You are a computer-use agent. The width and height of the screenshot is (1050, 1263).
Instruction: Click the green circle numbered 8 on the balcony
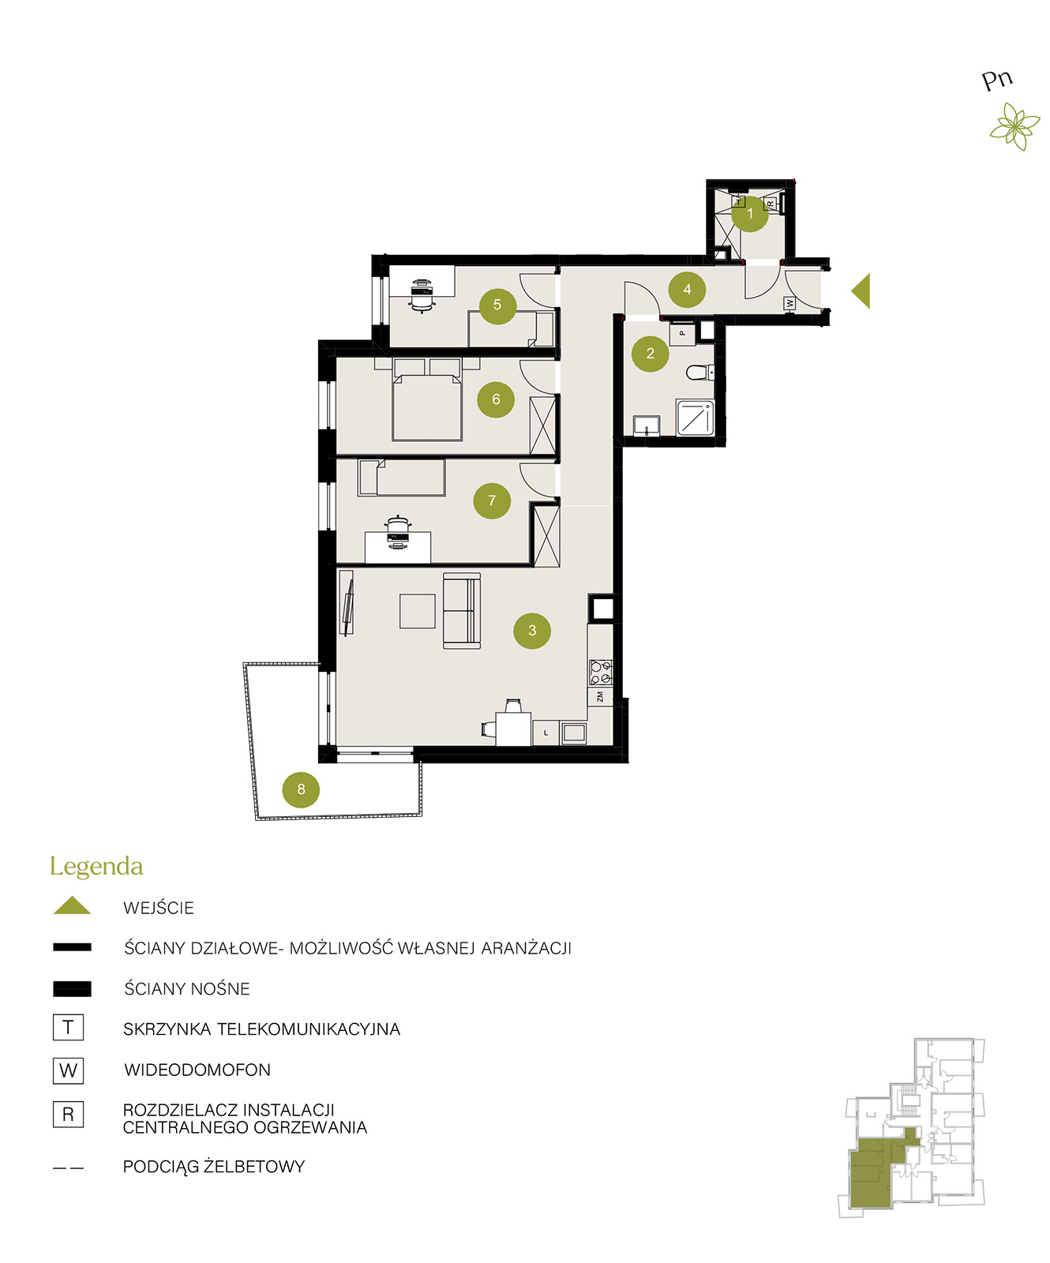coord(301,789)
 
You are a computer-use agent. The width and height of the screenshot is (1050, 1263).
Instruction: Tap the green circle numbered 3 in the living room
coord(532,630)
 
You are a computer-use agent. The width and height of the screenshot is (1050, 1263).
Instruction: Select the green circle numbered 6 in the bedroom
coord(496,399)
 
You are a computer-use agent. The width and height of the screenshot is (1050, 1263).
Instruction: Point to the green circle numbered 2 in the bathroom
coord(651,354)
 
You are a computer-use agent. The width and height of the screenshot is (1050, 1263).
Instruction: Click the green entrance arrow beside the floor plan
coord(861,290)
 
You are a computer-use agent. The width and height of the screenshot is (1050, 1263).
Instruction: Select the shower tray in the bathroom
coord(695,418)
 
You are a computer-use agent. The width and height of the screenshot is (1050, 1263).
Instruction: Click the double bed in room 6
coord(427,399)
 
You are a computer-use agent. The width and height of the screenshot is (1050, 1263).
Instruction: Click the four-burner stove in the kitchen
coord(601,672)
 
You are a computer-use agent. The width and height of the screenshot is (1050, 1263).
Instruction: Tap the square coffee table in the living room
coord(418,611)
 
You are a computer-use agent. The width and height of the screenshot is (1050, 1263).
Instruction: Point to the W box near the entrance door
coord(789,303)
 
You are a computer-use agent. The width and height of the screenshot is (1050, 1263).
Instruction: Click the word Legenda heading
coord(96,867)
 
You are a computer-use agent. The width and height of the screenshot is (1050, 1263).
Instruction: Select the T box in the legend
coord(68,1027)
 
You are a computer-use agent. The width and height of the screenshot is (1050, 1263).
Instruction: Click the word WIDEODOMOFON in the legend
coord(197,1070)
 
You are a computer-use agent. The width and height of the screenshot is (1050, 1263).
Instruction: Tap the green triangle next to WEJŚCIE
coord(72,906)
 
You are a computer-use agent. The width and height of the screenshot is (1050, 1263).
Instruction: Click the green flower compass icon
coord(1015,128)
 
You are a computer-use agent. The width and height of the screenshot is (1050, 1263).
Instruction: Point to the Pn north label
coord(997,80)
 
